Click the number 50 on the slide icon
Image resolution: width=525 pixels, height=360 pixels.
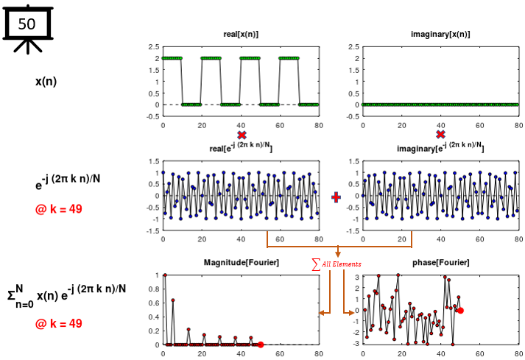coord(27,24)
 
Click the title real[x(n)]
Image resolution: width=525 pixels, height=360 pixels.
coord(240,35)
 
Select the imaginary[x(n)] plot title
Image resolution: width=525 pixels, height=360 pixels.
coord(440,35)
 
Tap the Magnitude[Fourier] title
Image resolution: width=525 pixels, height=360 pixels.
coord(240,263)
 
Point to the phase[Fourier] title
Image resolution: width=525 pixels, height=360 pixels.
coord(440,263)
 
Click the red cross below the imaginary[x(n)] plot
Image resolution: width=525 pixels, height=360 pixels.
coord(440,135)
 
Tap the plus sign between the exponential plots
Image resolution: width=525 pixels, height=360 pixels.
coord(337,197)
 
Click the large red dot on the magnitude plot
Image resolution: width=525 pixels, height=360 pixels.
coord(260,345)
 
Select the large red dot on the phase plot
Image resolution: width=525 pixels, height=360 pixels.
coord(460,311)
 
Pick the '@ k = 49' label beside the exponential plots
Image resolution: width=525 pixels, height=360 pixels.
coord(58,209)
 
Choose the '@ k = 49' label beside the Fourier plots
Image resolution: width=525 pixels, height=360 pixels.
coord(58,323)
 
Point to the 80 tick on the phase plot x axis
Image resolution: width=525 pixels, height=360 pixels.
coord(518,353)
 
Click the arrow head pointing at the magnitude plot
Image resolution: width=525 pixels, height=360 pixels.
coord(321,314)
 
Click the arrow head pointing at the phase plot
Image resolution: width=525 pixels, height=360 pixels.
coord(352,314)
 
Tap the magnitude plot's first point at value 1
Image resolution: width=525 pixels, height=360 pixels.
coord(164,275)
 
